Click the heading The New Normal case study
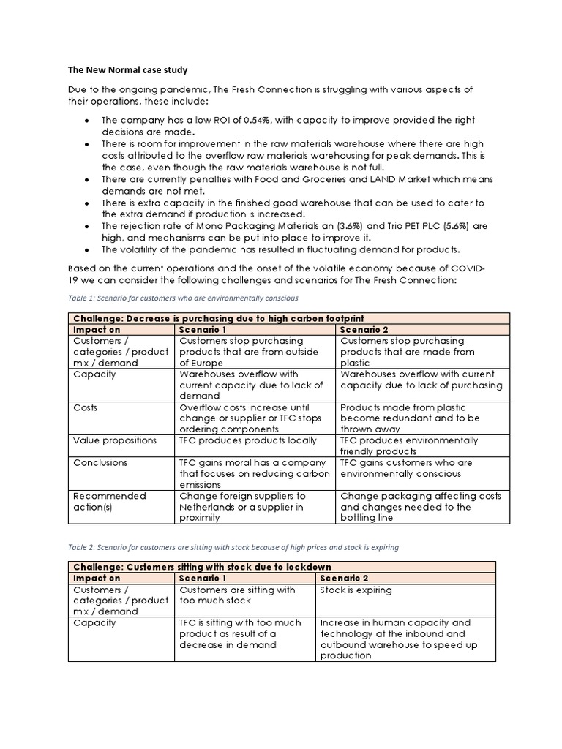tap(127, 70)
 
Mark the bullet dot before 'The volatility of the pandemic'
tap(87, 249)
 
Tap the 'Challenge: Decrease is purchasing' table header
tap(218, 318)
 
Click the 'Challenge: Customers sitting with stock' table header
tap(202, 567)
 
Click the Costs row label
tap(86, 407)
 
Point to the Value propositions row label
tap(114, 440)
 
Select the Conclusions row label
tap(100, 462)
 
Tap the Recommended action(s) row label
tap(109, 501)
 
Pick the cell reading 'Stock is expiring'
tap(356, 590)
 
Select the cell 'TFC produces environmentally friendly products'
tap(409, 446)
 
